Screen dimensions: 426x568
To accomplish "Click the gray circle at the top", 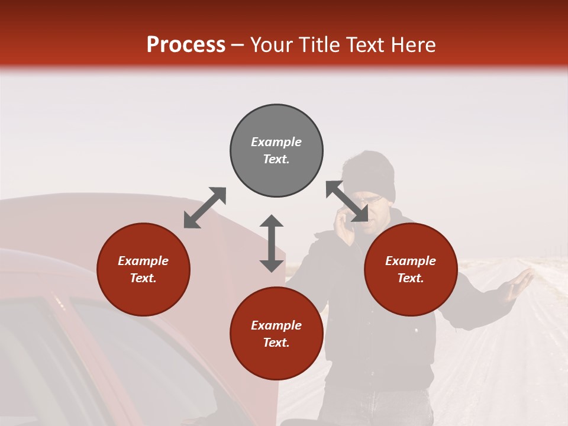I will click(x=276, y=150).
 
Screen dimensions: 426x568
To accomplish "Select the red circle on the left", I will click(x=143, y=270).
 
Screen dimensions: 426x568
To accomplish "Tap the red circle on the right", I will click(x=411, y=270).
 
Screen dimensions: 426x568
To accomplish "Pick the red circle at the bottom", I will click(x=276, y=334).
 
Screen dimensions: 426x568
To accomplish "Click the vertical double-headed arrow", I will click(x=272, y=243).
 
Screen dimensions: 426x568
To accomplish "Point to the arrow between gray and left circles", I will click(x=205, y=208).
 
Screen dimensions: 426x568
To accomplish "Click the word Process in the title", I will click(x=186, y=45).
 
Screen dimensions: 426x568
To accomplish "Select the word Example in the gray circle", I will click(x=276, y=142).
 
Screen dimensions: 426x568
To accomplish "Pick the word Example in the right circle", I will click(x=411, y=261).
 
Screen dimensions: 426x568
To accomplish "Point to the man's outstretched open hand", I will click(x=518, y=284).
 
